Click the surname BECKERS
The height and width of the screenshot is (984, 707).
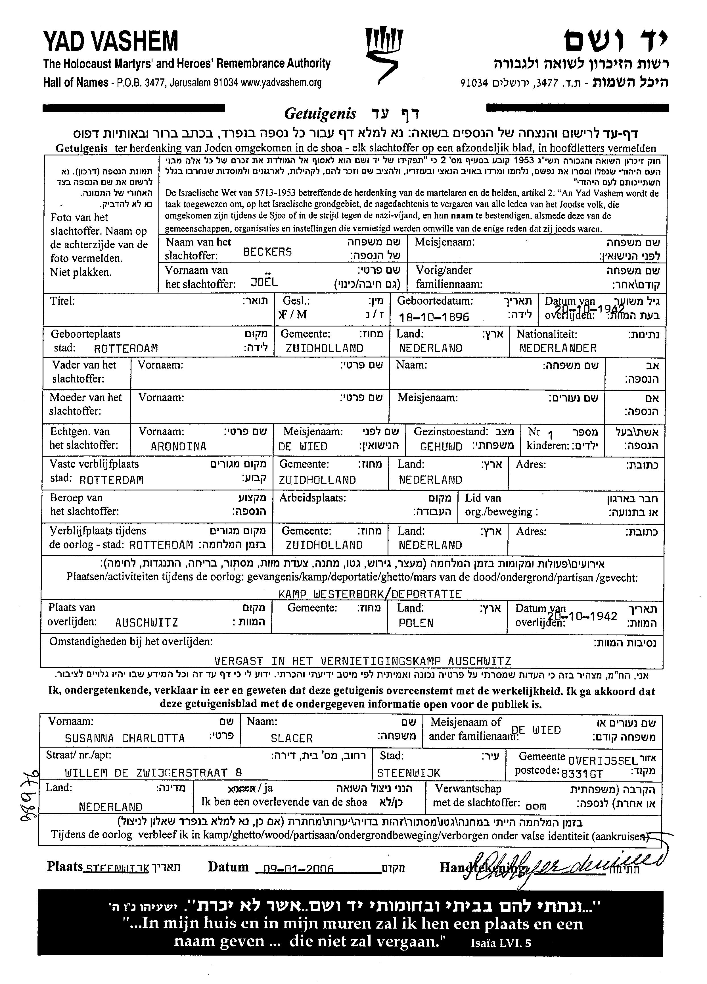pyautogui.click(x=267, y=252)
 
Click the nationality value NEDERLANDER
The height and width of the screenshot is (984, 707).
pyautogui.click(x=557, y=348)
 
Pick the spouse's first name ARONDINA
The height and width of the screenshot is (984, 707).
pyautogui.click(x=179, y=446)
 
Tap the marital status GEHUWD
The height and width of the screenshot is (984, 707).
pyautogui.click(x=441, y=446)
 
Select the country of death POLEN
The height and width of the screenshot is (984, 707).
pyautogui.click(x=416, y=623)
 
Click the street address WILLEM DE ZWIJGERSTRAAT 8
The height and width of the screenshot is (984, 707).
pyautogui.click(x=153, y=772)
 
